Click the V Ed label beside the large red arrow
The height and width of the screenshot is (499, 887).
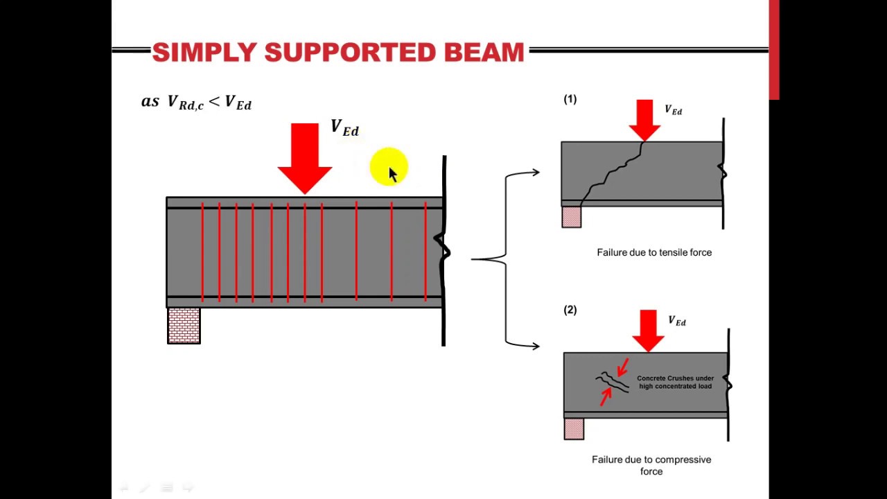coord(344,128)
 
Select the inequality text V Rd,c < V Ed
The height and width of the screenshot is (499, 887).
coord(197,102)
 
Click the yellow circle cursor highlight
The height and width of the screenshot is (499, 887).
coord(389,167)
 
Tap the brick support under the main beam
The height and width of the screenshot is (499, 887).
coord(184,326)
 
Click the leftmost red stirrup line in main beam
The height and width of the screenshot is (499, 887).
coord(202,252)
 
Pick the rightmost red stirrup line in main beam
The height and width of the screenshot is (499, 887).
coord(425,252)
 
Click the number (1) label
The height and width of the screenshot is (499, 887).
coord(570,100)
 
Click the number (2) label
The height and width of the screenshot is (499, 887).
coord(570,310)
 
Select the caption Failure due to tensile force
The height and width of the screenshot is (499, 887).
coord(654,252)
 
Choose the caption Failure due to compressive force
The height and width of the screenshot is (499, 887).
coord(651,465)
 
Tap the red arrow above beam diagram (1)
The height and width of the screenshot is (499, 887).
coord(644,120)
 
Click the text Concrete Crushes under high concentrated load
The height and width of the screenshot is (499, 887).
coord(675,382)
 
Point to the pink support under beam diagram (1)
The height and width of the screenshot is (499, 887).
coord(572,217)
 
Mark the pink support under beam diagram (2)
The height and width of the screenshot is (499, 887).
coord(574,429)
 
